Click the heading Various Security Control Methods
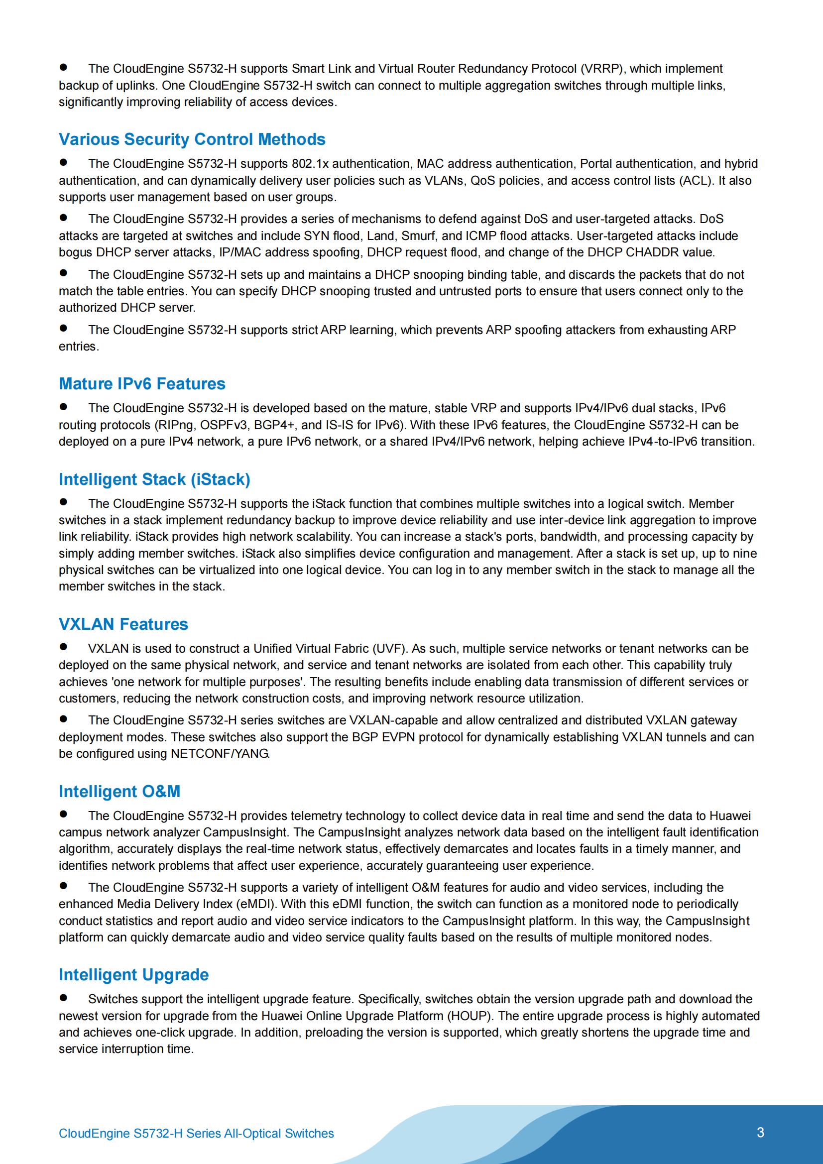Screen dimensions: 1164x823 (192, 139)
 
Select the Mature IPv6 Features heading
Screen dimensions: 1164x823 (142, 384)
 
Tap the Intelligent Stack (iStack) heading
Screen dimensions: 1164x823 (154, 479)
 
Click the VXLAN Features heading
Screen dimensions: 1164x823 (123, 624)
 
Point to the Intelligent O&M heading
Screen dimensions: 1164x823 (119, 792)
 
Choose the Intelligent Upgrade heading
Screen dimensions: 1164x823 (133, 974)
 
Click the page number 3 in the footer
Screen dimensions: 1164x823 (760, 1133)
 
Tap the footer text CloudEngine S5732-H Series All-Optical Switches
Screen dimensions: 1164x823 (196, 1133)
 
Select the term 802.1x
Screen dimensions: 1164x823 (310, 164)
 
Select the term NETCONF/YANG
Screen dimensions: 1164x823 (219, 753)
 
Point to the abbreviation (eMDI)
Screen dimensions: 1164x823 (257, 904)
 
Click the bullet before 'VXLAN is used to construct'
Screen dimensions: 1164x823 (63, 647)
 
